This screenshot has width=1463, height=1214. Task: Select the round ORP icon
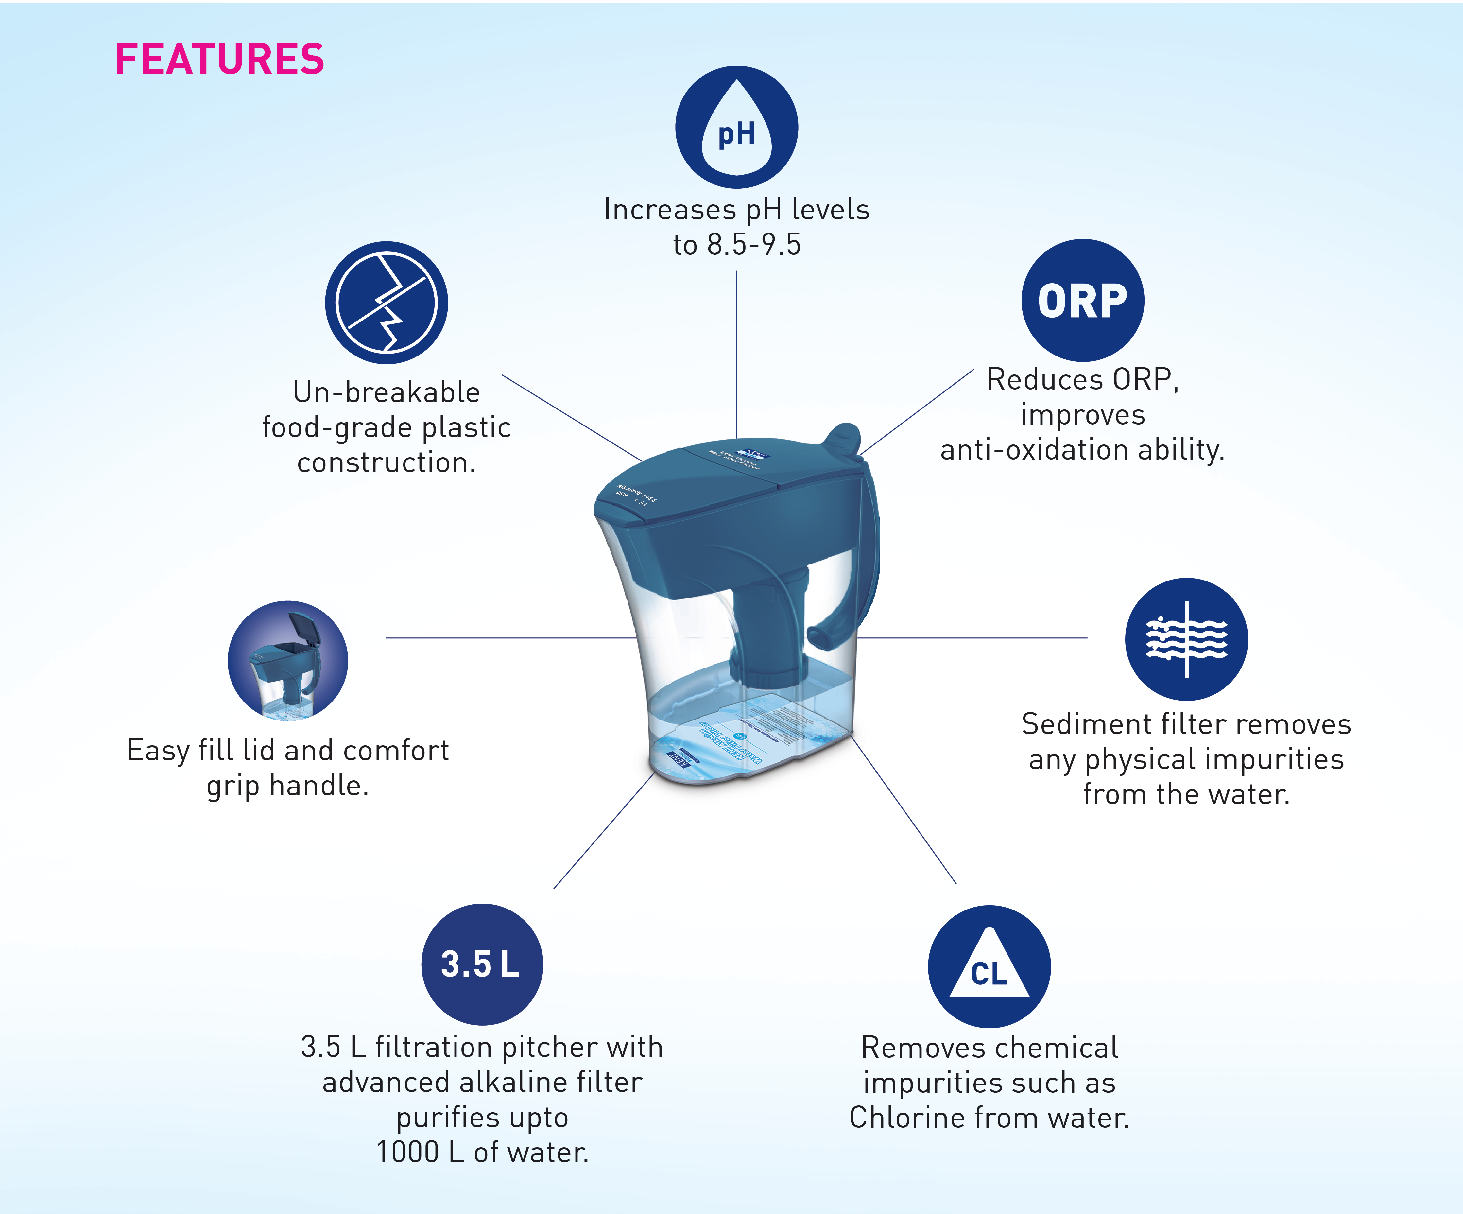1082,300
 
